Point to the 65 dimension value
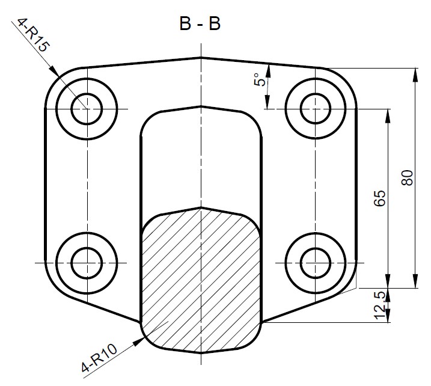click(x=379, y=198)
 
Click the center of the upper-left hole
click(x=87, y=109)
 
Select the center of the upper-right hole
click(x=316, y=109)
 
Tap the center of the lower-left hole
click(x=87, y=262)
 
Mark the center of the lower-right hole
click(x=316, y=262)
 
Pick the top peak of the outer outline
click(x=201, y=58)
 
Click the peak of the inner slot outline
click(x=201, y=106)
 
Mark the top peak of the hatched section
click(x=201, y=207)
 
